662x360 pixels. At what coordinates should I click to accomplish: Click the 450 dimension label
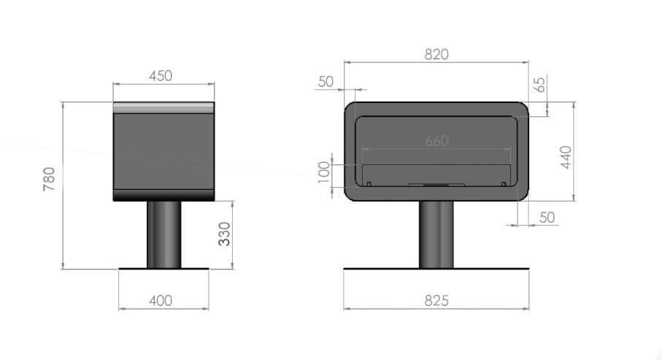tap(161, 76)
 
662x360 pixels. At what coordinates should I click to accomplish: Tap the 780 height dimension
tap(49, 179)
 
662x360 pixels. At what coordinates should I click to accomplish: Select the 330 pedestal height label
tap(225, 234)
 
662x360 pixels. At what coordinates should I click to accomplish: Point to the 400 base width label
tap(161, 300)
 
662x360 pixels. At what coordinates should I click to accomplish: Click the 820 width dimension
tap(436, 55)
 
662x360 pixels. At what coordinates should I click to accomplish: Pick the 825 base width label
tap(436, 300)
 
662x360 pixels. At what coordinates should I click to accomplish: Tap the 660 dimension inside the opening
tap(436, 141)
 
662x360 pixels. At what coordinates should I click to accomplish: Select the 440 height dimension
tap(566, 157)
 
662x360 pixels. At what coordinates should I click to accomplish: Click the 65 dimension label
tap(540, 84)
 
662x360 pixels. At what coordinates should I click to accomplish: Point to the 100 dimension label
tap(324, 172)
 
